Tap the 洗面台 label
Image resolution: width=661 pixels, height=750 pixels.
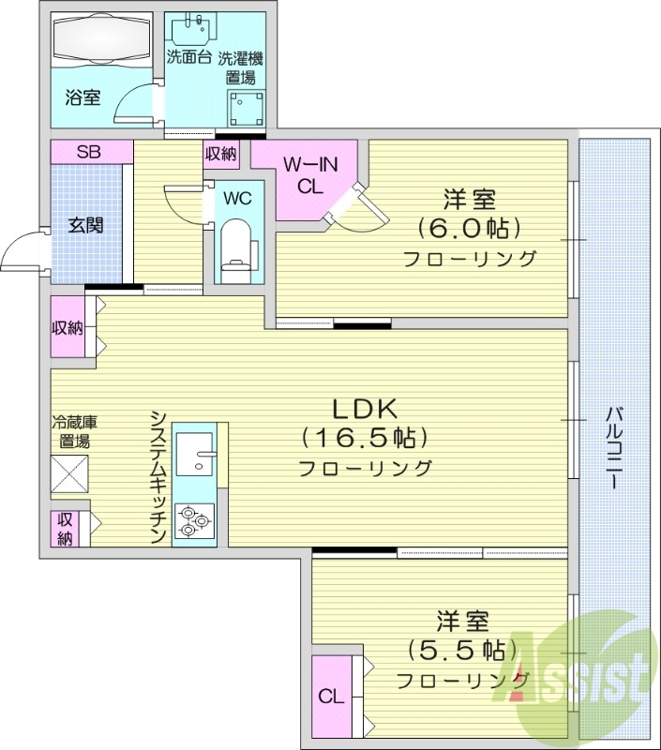[188, 57]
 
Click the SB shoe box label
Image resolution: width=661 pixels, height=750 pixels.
[89, 152]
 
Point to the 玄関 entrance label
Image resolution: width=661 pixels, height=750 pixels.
[85, 225]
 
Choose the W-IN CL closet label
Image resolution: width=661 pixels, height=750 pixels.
[309, 175]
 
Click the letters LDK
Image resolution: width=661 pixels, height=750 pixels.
[364, 409]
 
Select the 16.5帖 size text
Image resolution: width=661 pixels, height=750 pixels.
[365, 438]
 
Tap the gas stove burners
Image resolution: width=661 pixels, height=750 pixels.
[193, 521]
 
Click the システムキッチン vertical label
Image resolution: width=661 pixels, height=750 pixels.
[158, 476]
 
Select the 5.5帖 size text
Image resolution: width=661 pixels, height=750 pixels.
[458, 649]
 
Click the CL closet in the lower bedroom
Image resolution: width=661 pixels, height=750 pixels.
[329, 696]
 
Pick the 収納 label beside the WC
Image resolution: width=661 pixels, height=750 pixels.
[222, 154]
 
